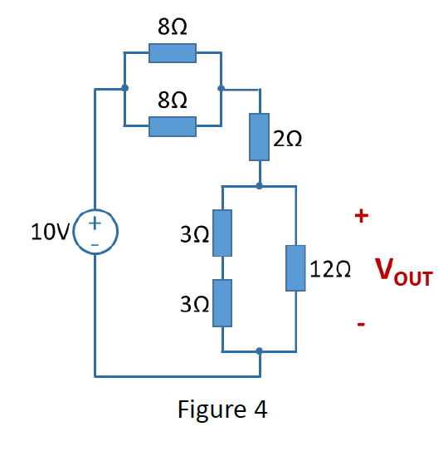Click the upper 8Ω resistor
point(173,53)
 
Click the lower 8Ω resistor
point(173,126)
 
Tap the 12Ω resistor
point(296,268)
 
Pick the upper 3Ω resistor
point(222,233)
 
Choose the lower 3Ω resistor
point(222,303)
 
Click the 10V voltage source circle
point(95,231)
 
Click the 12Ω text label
point(330,269)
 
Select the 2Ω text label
point(287,140)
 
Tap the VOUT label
point(403,272)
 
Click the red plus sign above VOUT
point(361,217)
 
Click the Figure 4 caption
point(222,409)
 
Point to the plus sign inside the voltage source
point(95,223)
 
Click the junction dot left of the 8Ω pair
point(124,87)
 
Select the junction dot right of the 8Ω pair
point(221,87)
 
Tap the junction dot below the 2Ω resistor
point(260,186)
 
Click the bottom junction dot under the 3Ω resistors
point(260,351)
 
